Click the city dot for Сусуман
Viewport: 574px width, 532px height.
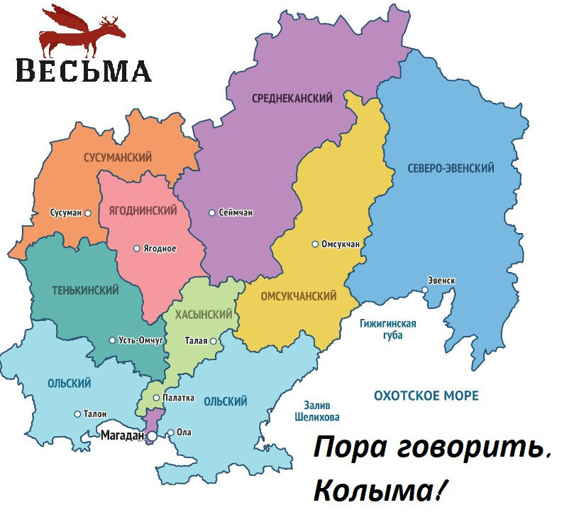point(88,212)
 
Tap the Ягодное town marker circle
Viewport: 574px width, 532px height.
point(137,249)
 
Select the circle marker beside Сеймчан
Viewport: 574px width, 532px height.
point(211,212)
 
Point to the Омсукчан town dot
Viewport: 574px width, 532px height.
point(315,244)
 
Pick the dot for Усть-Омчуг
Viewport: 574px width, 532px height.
point(112,340)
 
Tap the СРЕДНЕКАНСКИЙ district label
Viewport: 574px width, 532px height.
point(292,99)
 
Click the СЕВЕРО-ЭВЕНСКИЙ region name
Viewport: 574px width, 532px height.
point(451,168)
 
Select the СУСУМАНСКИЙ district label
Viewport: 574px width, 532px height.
point(117,157)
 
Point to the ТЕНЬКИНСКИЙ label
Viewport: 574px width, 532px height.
point(85,291)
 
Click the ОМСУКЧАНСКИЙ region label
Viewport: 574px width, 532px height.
point(299,295)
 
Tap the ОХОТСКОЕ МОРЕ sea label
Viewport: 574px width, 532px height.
point(426,396)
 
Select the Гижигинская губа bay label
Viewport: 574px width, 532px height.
point(387,329)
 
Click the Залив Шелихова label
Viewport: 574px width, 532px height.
point(317,411)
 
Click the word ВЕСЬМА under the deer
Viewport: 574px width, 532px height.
point(83,71)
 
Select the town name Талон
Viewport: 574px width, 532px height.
point(95,413)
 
